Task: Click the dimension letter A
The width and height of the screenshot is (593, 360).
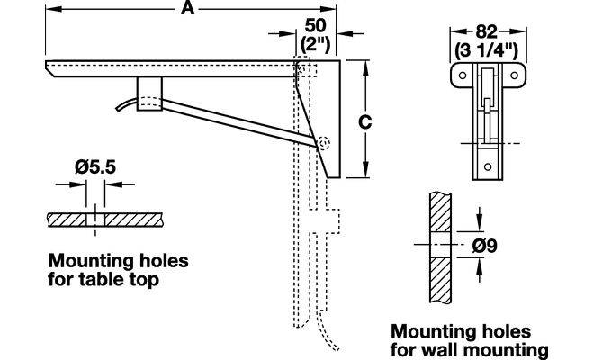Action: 186,8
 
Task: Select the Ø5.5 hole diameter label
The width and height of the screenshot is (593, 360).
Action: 89,166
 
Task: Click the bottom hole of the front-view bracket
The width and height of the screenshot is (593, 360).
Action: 489,166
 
